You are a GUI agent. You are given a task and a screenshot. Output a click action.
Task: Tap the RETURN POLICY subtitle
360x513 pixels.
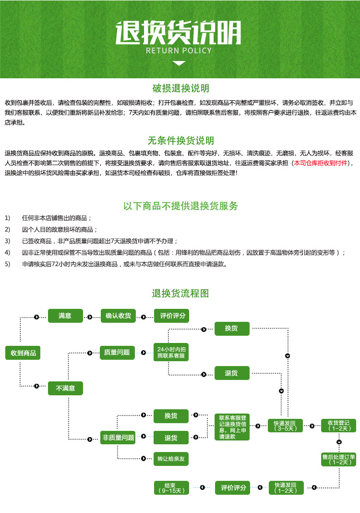[x=179, y=50]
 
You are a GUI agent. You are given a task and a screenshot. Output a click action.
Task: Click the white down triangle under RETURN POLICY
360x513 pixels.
[x=179, y=63]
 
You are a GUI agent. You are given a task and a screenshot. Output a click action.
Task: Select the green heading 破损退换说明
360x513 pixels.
[x=180, y=88]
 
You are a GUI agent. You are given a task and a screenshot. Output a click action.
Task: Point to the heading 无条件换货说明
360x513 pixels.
[x=180, y=141]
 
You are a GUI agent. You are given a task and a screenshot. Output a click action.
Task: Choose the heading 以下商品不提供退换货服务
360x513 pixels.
[x=180, y=206]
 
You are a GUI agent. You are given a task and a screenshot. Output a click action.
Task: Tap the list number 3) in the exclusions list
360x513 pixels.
[x=7, y=241]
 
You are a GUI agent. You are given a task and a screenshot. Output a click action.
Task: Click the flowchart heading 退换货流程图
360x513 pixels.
[x=180, y=293]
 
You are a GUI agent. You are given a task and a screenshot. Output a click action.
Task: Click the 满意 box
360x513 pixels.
[x=65, y=316]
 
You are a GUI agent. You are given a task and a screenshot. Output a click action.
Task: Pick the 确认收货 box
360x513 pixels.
[x=118, y=316]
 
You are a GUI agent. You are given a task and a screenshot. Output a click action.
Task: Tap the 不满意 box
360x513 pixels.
[x=65, y=388]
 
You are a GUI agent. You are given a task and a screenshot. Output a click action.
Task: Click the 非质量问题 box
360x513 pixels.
[x=118, y=438]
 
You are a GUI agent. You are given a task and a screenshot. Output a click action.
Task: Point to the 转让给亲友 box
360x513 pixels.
[x=171, y=459]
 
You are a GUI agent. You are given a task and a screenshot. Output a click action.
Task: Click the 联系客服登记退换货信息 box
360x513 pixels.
[x=232, y=427]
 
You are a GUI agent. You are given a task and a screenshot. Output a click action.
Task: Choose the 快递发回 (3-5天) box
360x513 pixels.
[x=286, y=426]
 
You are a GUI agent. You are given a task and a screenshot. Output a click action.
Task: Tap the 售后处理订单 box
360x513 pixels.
[x=339, y=459]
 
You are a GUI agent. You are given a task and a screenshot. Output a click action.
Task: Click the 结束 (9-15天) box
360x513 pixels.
[x=171, y=488]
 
